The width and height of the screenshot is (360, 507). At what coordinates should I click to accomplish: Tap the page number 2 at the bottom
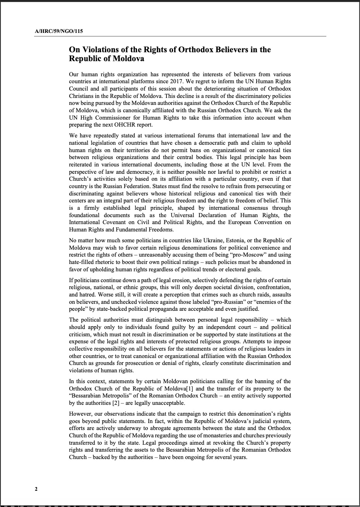coord(36,489)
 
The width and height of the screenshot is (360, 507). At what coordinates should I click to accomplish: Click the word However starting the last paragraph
coord(81,414)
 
